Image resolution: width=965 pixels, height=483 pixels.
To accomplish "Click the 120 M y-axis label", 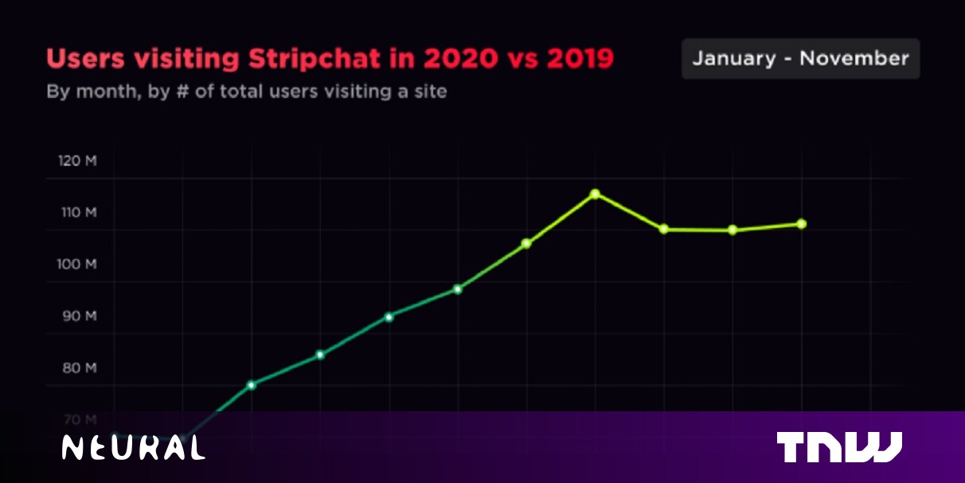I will (77, 161).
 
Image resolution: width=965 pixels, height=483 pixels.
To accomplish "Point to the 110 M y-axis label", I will (77, 213).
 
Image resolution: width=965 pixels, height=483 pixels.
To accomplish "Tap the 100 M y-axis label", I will (77, 264).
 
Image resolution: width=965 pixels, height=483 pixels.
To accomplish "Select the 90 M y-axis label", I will (77, 316).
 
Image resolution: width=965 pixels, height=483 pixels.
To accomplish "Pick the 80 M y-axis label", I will (77, 367).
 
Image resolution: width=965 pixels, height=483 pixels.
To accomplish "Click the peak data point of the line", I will (595, 194).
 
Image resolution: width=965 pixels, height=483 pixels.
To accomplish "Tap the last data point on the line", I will (802, 224).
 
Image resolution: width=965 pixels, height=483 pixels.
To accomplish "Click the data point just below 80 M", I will (251, 385).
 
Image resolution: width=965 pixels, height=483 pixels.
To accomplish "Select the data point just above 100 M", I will (526, 243).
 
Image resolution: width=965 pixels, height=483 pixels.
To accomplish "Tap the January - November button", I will (800, 58).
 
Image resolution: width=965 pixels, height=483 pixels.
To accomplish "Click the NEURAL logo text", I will (134, 448).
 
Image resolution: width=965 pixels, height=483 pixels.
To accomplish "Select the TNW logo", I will (839, 447).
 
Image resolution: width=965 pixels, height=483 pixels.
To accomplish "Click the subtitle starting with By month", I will (246, 92).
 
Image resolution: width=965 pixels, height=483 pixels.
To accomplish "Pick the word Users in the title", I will (82, 59).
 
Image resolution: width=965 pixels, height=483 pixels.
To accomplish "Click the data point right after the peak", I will (664, 230).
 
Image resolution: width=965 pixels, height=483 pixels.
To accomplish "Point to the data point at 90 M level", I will (389, 317).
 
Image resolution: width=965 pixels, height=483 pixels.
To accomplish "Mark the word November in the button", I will (854, 58).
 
